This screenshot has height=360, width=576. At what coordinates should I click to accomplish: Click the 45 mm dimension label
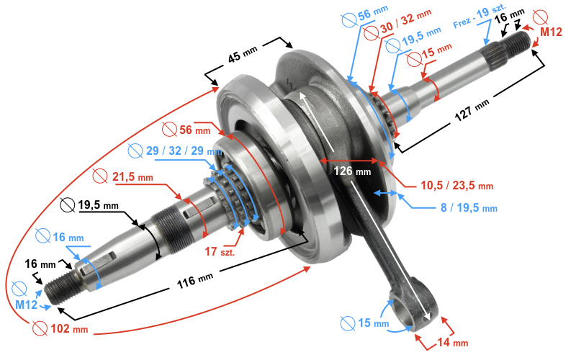coord(243,55)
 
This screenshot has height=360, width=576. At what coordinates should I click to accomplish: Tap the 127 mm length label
coord(472,110)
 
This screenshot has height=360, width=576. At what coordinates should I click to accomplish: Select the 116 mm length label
coord(194,281)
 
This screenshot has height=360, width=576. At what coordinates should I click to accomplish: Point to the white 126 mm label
coord(352,171)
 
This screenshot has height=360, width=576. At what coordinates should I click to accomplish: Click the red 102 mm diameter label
coord(69,328)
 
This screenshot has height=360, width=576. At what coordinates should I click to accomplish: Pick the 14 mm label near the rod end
coord(453,343)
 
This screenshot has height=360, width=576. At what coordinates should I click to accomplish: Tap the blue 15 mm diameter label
coord(373,323)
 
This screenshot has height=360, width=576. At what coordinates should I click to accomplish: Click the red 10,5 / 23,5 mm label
coord(456,185)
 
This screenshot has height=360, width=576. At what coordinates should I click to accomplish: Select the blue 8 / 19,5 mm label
coord(469,208)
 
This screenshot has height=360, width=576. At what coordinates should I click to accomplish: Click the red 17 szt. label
coord(220,251)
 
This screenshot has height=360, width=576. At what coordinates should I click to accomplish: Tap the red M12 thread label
coord(551,32)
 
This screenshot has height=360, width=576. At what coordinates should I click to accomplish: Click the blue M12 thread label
coord(26,305)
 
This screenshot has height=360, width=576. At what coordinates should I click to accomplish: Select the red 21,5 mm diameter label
coord(132,177)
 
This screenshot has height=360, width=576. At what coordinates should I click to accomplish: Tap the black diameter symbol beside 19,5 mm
coord(67,205)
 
